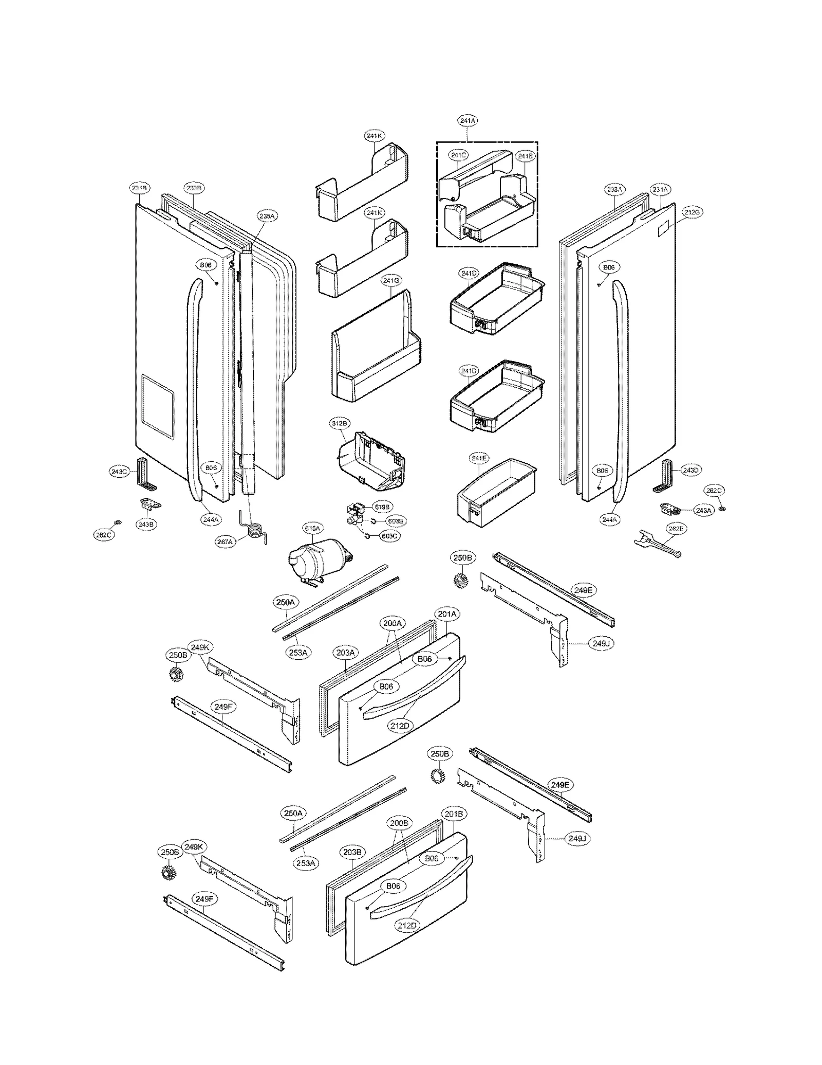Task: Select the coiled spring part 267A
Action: [x=255, y=530]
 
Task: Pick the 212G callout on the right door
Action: [x=692, y=212]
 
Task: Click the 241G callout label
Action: [x=391, y=280]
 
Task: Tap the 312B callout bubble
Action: [x=339, y=423]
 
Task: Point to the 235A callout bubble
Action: [x=267, y=216]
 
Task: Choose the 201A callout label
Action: [x=447, y=613]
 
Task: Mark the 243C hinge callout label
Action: [x=119, y=471]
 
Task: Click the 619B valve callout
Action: [x=382, y=507]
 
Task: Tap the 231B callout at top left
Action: [x=139, y=188]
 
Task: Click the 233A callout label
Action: [x=614, y=189]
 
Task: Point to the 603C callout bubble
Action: [x=389, y=536]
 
